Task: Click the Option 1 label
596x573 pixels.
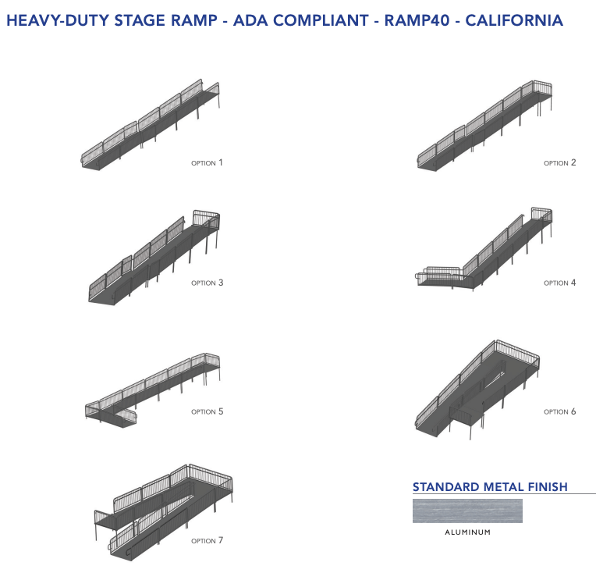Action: tap(207, 163)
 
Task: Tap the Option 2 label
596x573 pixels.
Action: tap(559, 163)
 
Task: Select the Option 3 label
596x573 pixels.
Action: tap(207, 283)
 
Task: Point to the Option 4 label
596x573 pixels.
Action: tap(559, 283)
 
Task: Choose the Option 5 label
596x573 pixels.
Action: tap(207, 411)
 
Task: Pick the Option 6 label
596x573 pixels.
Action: tap(559, 411)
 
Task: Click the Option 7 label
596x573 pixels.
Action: tap(207, 540)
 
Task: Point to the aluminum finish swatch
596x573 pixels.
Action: tap(467, 511)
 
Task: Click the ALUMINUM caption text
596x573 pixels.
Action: tap(467, 532)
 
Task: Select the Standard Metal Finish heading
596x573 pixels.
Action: tap(490, 487)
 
